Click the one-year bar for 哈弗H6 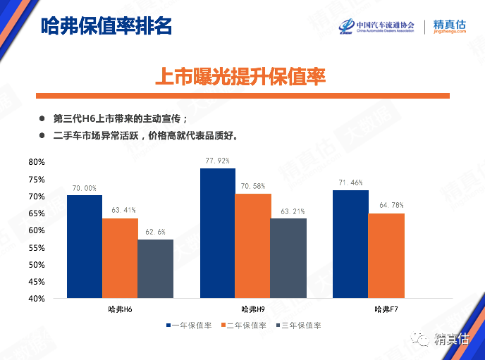coord(85,247)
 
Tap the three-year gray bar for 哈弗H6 coord(155,268)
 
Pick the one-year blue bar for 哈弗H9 coord(218,233)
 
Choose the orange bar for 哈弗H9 coord(252,246)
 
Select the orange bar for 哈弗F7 coord(386,256)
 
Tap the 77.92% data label coord(219,161)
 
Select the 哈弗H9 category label coord(252,309)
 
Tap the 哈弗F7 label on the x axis coord(386,309)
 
